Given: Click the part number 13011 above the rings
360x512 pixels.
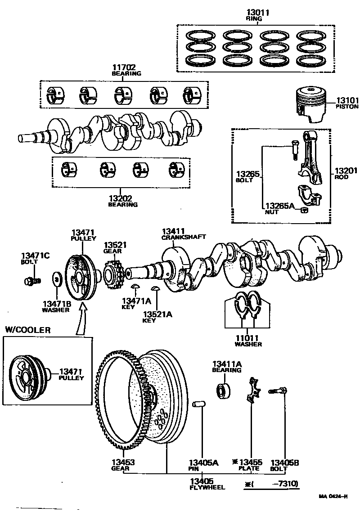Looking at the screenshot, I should click(257, 13).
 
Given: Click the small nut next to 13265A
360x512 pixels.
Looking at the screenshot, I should click(305, 209).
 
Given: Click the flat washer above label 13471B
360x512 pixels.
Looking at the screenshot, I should click(58, 279).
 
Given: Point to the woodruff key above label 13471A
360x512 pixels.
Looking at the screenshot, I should click(135, 287).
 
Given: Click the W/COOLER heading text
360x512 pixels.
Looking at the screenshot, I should click(28, 330).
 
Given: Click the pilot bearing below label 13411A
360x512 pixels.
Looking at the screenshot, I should click(224, 389).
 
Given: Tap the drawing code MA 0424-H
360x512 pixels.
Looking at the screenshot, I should click(333, 496).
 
